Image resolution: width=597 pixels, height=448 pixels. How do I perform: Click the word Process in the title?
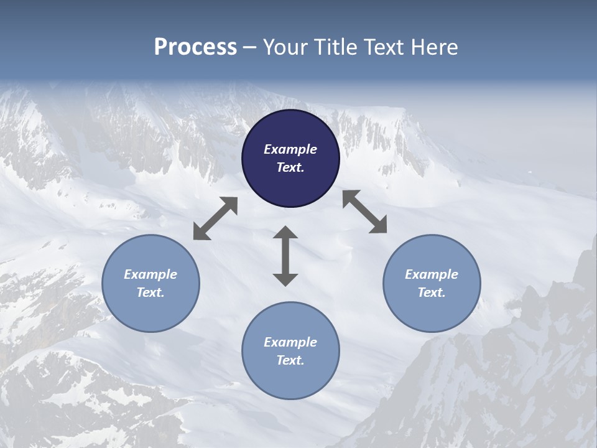click(x=195, y=47)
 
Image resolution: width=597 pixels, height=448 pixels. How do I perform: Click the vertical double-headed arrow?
click(x=285, y=256)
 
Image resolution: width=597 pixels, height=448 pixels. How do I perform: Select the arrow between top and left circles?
click(x=215, y=218)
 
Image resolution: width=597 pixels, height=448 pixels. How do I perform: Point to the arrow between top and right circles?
click(x=364, y=212)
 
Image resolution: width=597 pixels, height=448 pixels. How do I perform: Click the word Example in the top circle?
click(x=290, y=149)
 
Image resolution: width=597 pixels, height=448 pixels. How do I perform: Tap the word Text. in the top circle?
click(x=290, y=167)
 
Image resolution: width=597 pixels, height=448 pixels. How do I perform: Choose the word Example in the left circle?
click(x=150, y=274)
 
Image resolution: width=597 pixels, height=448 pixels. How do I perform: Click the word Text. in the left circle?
click(x=150, y=292)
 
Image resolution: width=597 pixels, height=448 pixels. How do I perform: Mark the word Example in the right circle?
click(x=432, y=274)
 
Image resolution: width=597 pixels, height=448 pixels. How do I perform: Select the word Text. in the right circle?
click(x=432, y=292)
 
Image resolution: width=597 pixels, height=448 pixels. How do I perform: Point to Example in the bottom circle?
click(x=290, y=342)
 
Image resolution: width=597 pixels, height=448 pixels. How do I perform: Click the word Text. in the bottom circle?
click(x=290, y=360)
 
